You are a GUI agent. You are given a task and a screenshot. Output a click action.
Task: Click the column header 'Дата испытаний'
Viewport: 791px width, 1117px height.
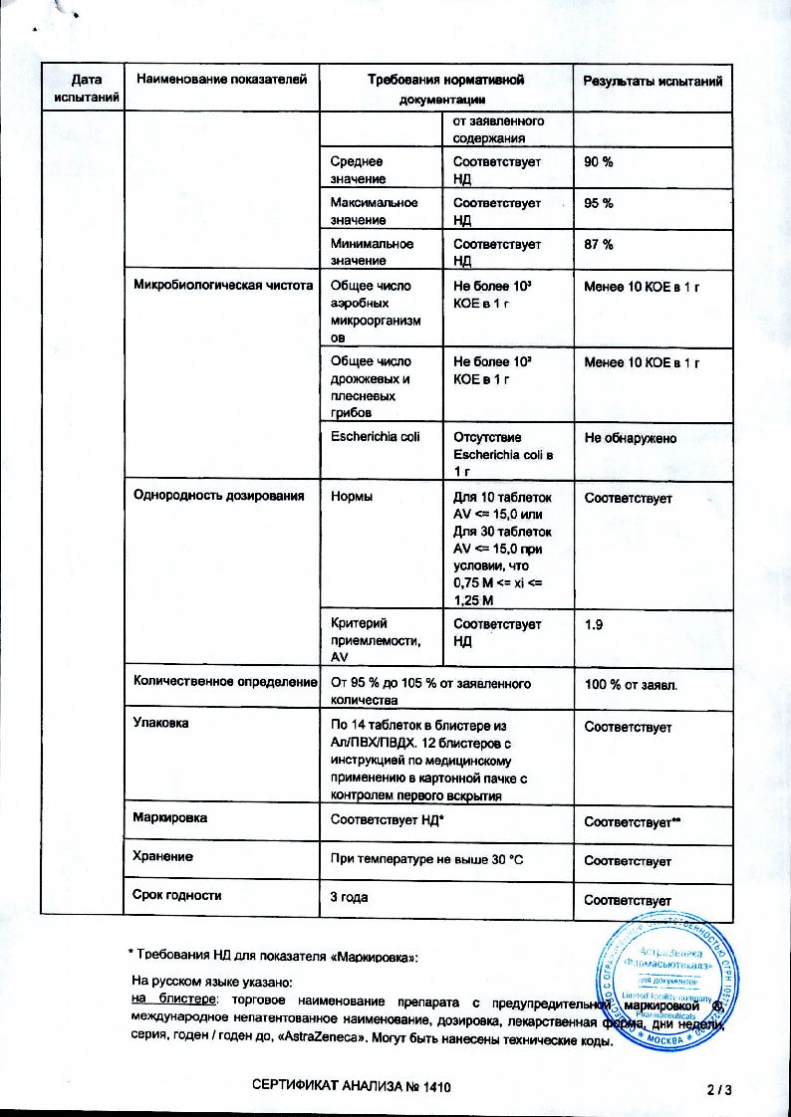pyautogui.click(x=83, y=88)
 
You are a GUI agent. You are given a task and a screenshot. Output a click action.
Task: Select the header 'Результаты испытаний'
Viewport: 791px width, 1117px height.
pyautogui.click(x=653, y=81)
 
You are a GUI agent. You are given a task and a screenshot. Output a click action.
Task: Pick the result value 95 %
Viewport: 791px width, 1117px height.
pyautogui.click(x=598, y=203)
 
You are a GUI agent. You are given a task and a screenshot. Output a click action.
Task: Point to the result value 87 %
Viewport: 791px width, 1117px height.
pyautogui.click(x=598, y=244)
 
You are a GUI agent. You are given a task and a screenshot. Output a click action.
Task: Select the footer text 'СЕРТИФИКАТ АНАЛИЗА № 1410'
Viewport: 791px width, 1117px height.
pyautogui.click(x=355, y=1089)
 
